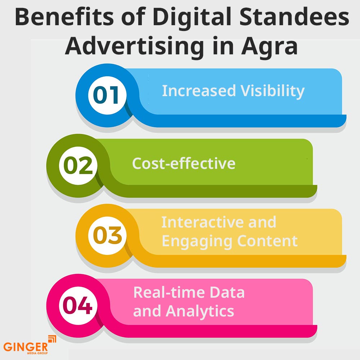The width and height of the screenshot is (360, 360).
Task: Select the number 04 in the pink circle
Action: click(78, 306)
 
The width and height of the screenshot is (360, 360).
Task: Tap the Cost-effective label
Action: click(184, 163)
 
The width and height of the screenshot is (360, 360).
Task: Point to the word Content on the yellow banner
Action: click(269, 241)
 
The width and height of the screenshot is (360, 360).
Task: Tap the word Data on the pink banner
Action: click(228, 292)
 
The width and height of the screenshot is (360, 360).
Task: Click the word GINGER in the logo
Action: click(26, 347)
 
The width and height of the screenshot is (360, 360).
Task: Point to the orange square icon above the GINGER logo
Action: click(52, 339)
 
